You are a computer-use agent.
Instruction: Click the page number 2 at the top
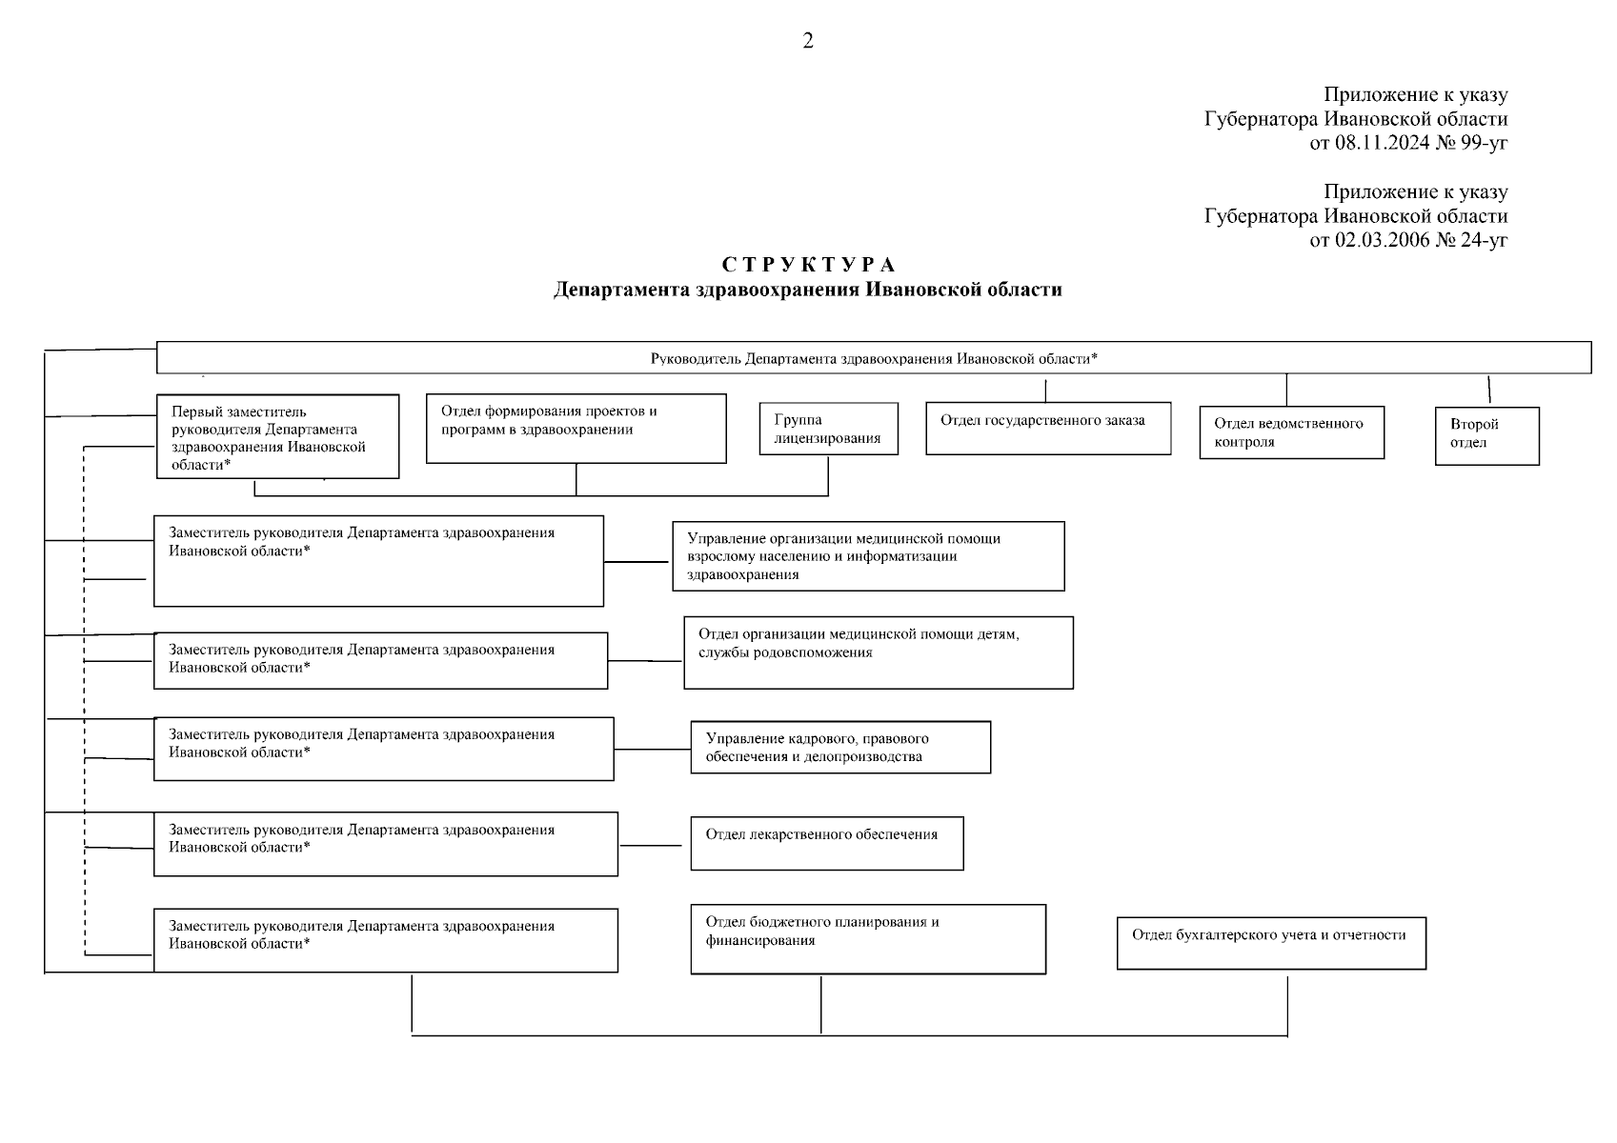[808, 41]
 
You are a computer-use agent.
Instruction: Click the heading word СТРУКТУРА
[808, 265]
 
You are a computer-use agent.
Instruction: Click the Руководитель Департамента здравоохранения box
[873, 358]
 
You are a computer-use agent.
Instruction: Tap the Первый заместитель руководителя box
[277, 437]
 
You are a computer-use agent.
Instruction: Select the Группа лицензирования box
[828, 429]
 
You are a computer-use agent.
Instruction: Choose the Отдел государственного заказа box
[1048, 428]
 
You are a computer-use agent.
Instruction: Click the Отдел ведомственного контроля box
[1291, 432]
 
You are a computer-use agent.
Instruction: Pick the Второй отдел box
[1486, 435]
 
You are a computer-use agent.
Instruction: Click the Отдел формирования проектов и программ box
[576, 429]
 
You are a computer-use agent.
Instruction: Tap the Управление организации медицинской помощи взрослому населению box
[868, 556]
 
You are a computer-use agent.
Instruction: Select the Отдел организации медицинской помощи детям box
[878, 652]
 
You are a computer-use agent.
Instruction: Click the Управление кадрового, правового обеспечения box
[840, 747]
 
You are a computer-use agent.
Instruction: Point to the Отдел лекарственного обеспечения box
[826, 843]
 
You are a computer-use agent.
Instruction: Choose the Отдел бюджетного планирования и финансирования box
[867, 939]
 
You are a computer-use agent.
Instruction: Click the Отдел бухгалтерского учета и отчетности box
[1271, 943]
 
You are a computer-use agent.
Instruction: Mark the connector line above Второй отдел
[1489, 390]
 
